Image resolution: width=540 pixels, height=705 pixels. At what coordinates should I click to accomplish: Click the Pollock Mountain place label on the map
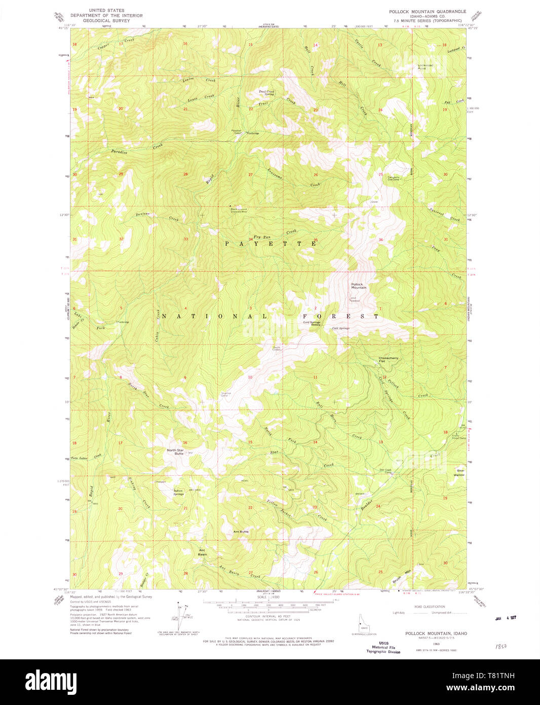coord(358,286)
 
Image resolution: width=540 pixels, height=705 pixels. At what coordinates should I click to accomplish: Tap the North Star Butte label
coord(175,451)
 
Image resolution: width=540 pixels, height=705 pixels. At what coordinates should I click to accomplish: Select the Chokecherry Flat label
coord(389,359)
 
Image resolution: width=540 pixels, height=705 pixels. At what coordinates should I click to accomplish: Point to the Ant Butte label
coord(241,532)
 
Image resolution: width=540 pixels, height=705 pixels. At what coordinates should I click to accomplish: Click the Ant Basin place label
coord(202,552)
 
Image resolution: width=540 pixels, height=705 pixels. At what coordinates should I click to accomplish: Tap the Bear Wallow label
coord(459,473)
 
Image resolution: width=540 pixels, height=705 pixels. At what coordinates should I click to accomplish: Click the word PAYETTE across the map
coord(271,244)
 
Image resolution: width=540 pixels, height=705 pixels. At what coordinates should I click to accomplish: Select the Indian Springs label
coord(178,491)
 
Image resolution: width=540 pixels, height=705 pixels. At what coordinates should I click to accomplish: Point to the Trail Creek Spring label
coord(266,93)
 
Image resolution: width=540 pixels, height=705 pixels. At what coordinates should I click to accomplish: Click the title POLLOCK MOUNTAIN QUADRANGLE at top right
coord(427,11)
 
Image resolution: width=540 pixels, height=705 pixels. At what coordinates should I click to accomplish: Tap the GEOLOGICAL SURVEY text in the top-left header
coord(106,21)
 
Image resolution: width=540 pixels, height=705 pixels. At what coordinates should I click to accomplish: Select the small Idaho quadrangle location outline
coord(361,623)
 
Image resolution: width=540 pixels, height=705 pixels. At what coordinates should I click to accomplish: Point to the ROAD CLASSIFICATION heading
coord(429,607)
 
